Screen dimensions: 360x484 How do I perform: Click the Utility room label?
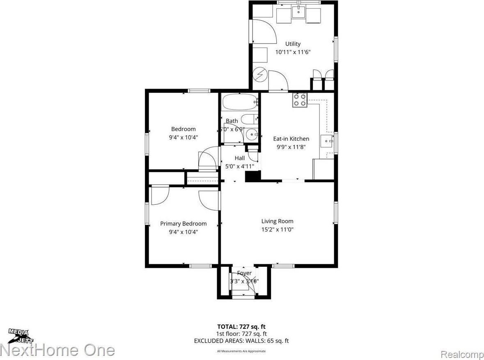click(x=293, y=44)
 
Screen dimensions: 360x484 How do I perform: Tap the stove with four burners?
click(x=300, y=101)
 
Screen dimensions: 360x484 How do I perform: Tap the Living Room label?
click(x=277, y=221)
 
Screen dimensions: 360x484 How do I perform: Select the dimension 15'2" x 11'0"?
click(x=277, y=229)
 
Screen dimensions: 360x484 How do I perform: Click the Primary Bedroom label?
click(x=183, y=224)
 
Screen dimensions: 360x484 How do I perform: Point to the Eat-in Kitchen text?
click(x=291, y=139)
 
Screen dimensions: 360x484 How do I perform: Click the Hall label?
click(x=240, y=158)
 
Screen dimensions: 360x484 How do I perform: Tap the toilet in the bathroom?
click(x=249, y=119)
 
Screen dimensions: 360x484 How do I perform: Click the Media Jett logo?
click(x=18, y=335)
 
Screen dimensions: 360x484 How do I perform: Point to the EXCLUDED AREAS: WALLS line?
click(x=242, y=341)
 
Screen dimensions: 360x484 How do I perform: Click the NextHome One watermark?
click(x=57, y=350)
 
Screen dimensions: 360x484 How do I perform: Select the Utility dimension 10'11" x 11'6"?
click(x=293, y=52)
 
